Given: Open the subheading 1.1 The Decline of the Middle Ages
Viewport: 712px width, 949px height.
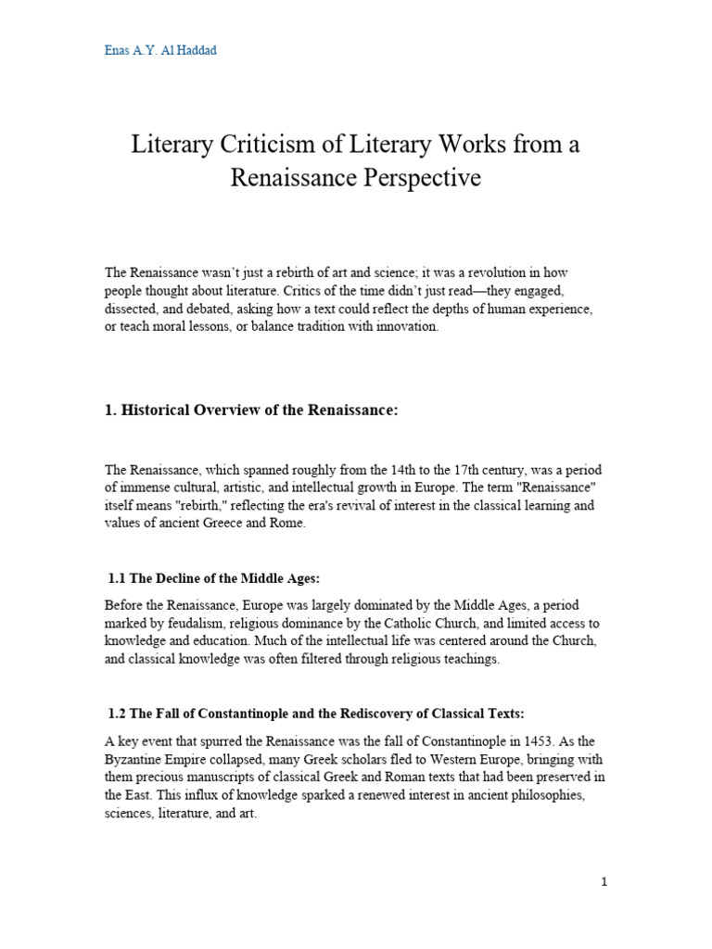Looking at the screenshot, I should pyautogui.click(x=214, y=578).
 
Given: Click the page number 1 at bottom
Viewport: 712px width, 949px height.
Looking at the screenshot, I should pyautogui.click(x=604, y=882).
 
